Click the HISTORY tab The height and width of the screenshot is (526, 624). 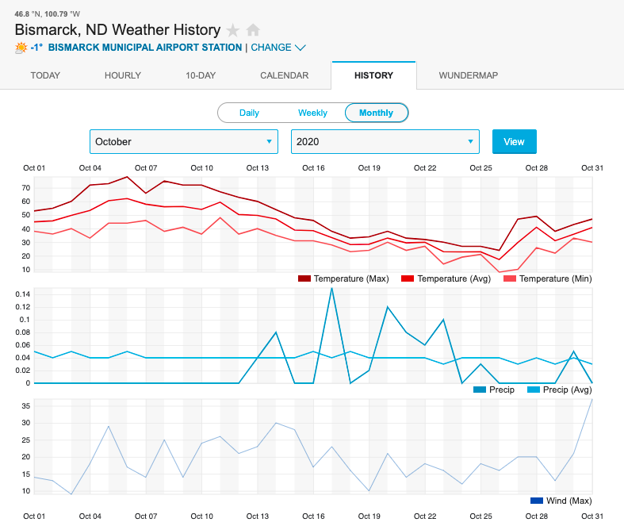[x=373, y=75]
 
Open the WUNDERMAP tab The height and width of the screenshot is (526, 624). [x=469, y=75]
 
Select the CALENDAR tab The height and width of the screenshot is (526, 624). [x=284, y=75]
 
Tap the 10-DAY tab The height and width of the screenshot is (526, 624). [x=200, y=75]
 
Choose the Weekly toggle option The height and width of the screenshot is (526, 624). [x=312, y=113]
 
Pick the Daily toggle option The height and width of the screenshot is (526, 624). [x=249, y=113]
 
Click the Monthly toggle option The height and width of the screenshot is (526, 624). [x=376, y=113]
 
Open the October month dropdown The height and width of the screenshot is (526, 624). [x=183, y=142]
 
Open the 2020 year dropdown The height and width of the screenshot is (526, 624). [x=385, y=142]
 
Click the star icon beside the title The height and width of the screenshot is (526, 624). [x=233, y=30]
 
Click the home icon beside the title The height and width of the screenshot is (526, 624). [x=253, y=30]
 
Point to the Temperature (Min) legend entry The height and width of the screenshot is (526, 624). [x=547, y=278]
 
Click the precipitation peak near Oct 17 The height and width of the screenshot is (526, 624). [x=331, y=288]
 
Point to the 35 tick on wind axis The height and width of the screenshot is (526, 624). [x=25, y=405]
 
